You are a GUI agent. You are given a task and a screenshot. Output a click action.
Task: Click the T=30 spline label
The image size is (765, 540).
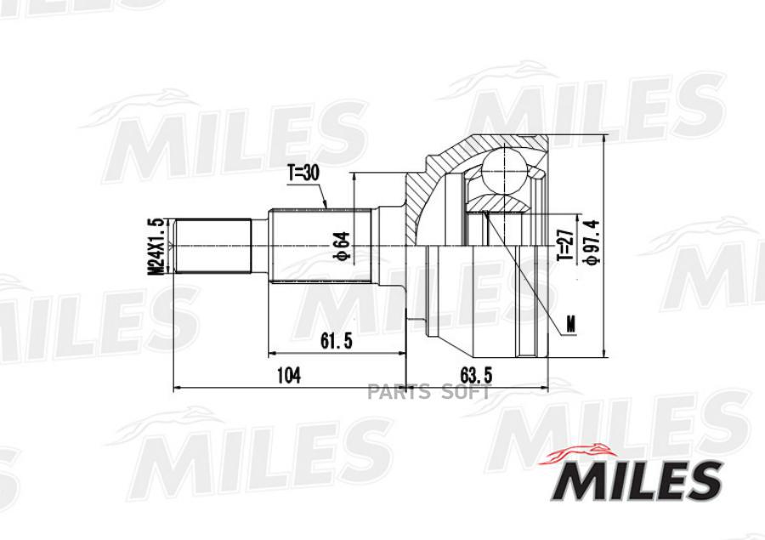point(303,173)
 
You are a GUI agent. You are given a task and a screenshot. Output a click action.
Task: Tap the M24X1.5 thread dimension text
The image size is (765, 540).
point(156,247)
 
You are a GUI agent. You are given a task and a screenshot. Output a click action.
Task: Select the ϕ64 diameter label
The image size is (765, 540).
point(343,245)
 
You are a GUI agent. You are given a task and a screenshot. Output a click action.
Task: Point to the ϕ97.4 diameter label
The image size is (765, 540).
point(592,242)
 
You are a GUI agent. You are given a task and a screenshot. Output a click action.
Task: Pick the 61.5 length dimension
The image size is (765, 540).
point(336,341)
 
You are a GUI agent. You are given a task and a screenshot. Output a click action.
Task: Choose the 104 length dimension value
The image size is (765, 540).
point(289,376)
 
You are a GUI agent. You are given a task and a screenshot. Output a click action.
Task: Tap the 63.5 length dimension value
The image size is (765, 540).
point(477,376)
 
